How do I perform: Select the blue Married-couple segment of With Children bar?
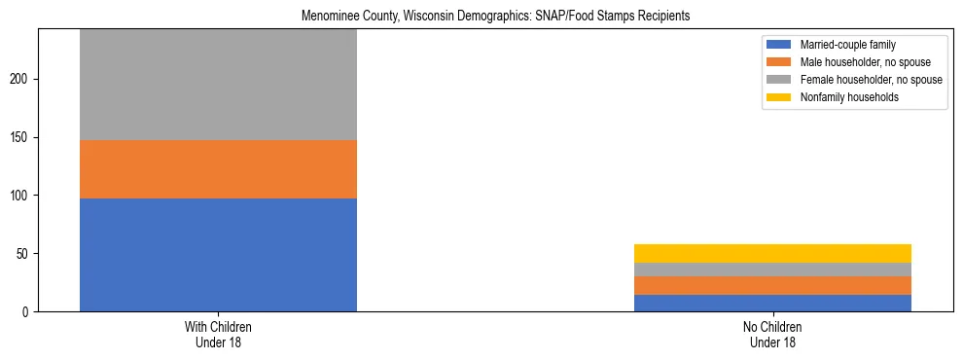pyautogui.click(x=218, y=255)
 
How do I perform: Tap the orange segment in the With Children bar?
pyautogui.click(x=218, y=169)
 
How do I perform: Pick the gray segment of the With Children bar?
pyautogui.click(x=218, y=85)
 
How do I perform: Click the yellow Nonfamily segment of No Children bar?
pyautogui.click(x=772, y=253)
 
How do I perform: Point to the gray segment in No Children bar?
pyautogui.click(x=772, y=270)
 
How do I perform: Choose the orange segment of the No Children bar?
pyautogui.click(x=772, y=285)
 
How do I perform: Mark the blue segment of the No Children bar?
pyautogui.click(x=772, y=303)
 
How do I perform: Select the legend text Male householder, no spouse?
pyautogui.click(x=860, y=62)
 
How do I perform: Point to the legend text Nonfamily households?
pyautogui.click(x=844, y=97)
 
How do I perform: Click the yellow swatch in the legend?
pyautogui.click(x=780, y=97)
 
